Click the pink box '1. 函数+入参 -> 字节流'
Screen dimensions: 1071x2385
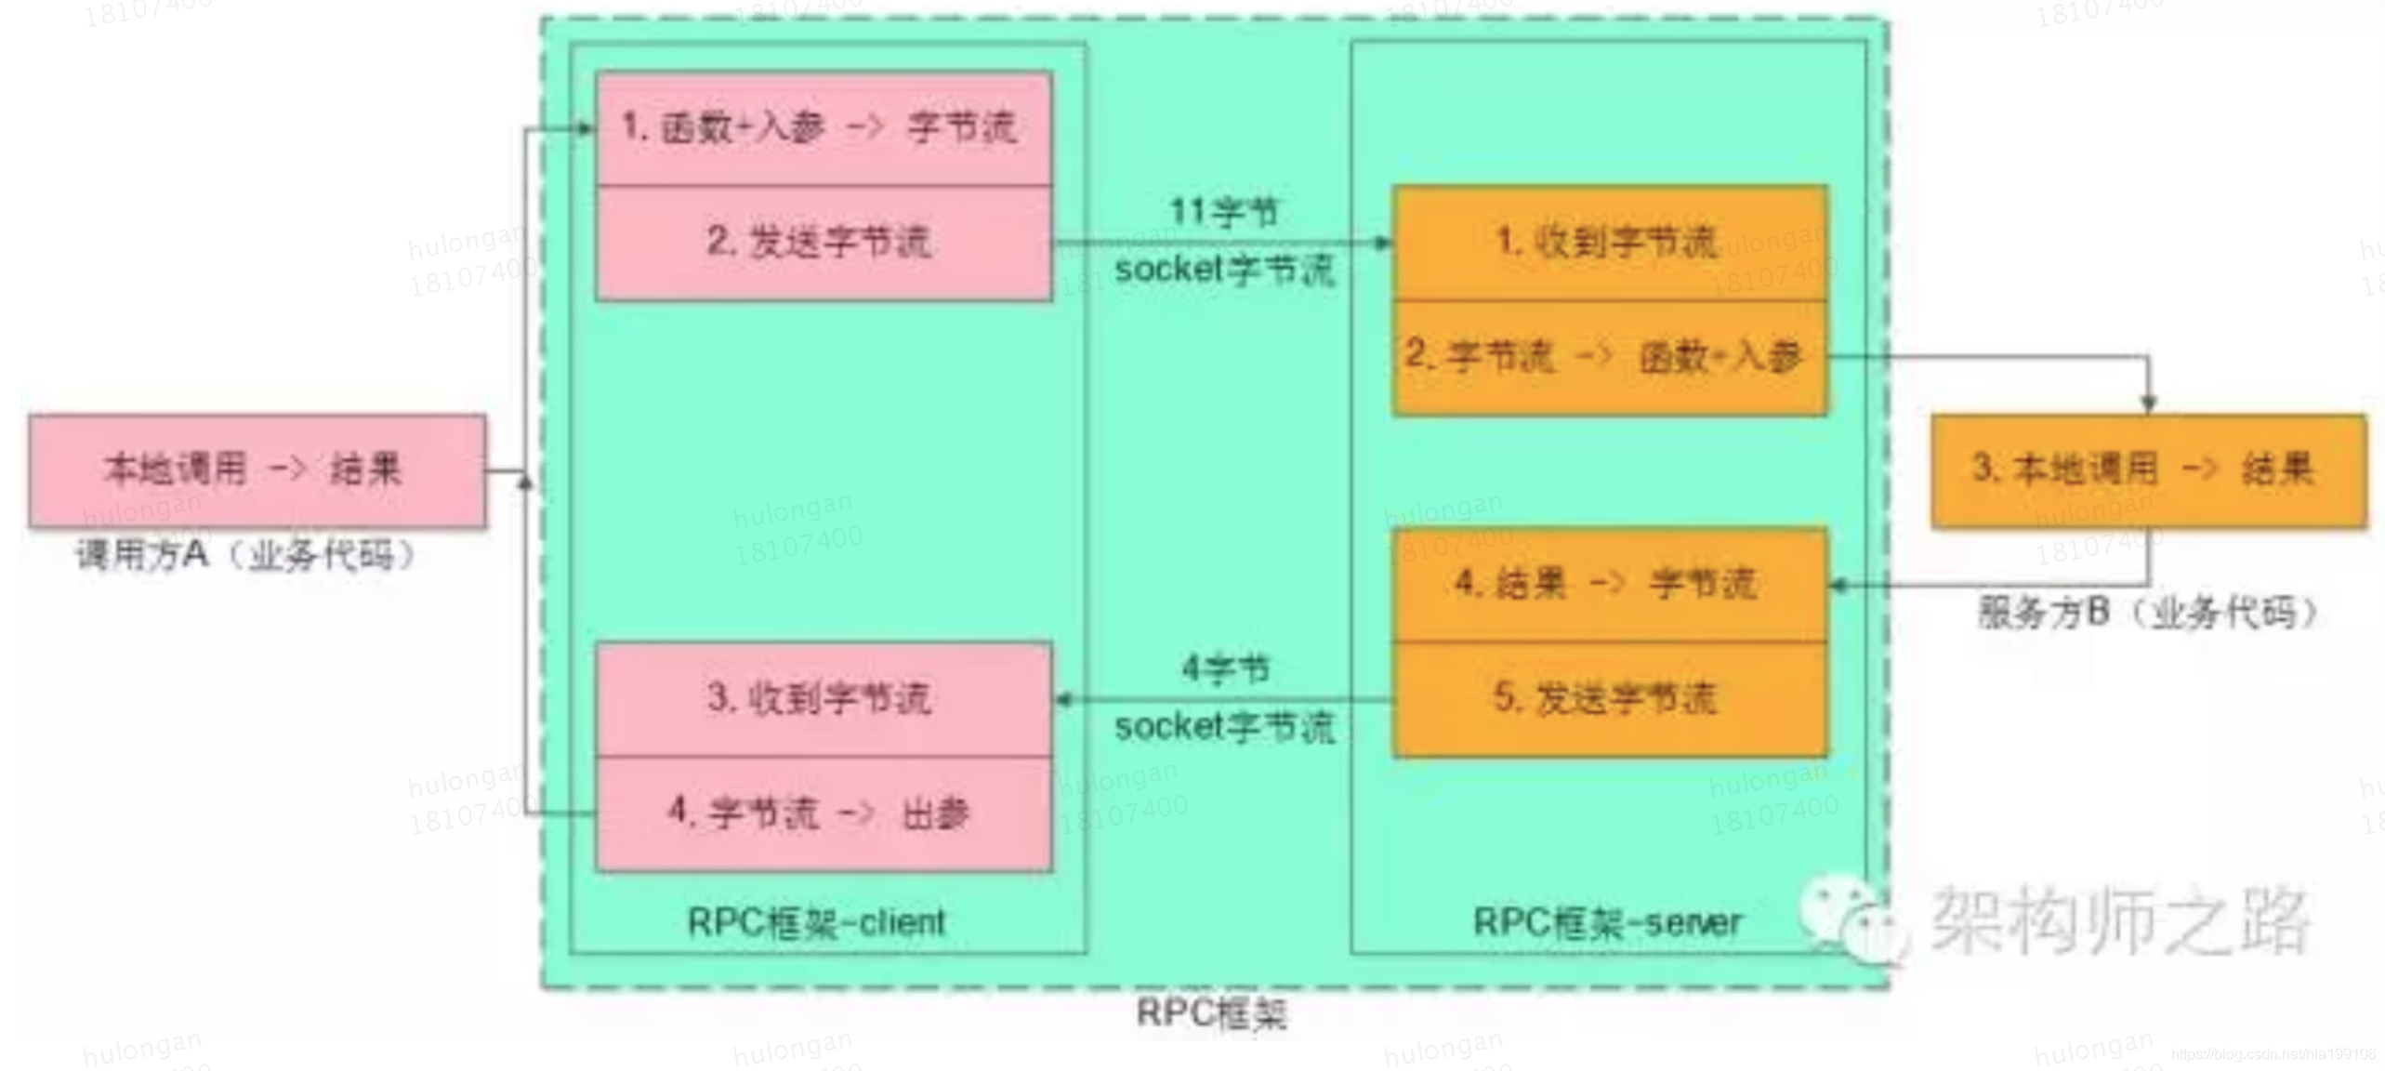coord(824,128)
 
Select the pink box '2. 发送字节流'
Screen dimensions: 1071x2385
coord(824,243)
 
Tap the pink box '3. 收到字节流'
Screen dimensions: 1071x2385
coord(824,698)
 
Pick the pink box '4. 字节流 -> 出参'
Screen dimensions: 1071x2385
coord(824,813)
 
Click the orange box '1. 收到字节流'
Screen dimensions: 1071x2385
coord(1609,243)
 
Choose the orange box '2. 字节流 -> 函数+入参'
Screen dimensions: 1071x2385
coord(1609,357)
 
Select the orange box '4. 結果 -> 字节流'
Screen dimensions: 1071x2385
coord(1609,585)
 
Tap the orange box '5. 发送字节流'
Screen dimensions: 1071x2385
coord(1609,699)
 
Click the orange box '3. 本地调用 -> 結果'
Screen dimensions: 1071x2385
coord(2148,470)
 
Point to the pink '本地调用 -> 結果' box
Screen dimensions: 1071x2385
coord(257,470)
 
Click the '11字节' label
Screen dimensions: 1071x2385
coord(1223,212)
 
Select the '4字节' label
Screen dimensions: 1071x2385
coord(1225,668)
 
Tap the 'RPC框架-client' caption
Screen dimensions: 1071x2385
coord(816,922)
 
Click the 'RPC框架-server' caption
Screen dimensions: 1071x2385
coord(1607,922)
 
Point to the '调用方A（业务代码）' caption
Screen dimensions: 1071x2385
coord(245,556)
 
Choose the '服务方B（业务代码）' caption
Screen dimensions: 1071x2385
coord(2147,613)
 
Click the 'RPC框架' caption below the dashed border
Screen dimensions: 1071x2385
coord(1212,1012)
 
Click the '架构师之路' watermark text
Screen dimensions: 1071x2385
coord(2120,920)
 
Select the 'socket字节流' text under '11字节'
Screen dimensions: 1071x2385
coord(1224,271)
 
